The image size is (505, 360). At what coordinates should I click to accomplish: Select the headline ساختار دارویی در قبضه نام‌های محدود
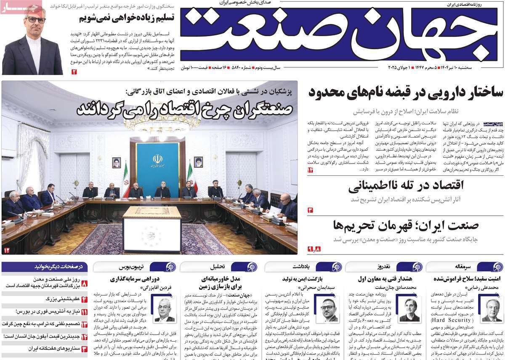tap(406, 92)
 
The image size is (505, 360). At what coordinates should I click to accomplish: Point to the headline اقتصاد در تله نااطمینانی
tap(406, 186)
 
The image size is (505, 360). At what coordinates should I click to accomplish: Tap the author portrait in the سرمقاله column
tap(492, 310)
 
